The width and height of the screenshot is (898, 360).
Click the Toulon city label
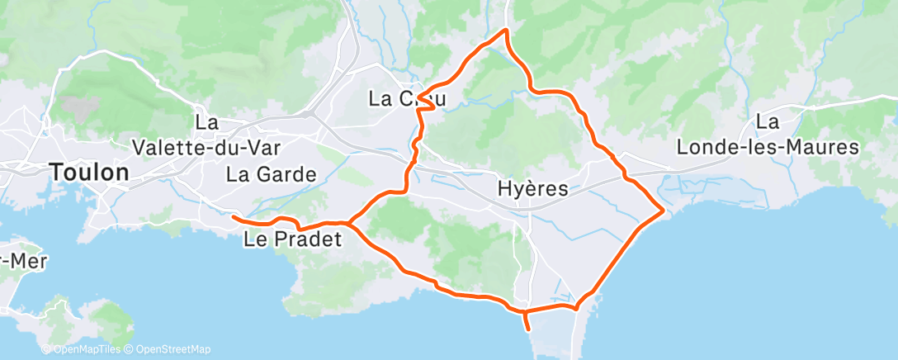coord(89,173)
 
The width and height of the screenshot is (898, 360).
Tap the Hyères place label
coord(533,189)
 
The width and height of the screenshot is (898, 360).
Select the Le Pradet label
coord(293,241)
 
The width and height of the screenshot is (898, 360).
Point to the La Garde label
coord(272,174)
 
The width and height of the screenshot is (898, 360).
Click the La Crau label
coord(407,100)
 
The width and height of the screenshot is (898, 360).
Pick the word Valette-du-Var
coord(207,147)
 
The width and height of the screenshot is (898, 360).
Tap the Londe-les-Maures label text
coord(768,148)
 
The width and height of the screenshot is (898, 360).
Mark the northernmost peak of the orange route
coord(506,31)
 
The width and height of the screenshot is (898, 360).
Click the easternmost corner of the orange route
coord(664,212)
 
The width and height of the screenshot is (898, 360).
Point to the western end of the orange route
coord(234,217)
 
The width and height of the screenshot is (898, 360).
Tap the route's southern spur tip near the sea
coord(528,329)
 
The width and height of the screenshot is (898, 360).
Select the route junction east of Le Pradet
coord(350,223)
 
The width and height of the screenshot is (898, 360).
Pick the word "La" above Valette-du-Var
coord(206,122)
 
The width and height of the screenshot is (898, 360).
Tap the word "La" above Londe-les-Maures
coord(768,122)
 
